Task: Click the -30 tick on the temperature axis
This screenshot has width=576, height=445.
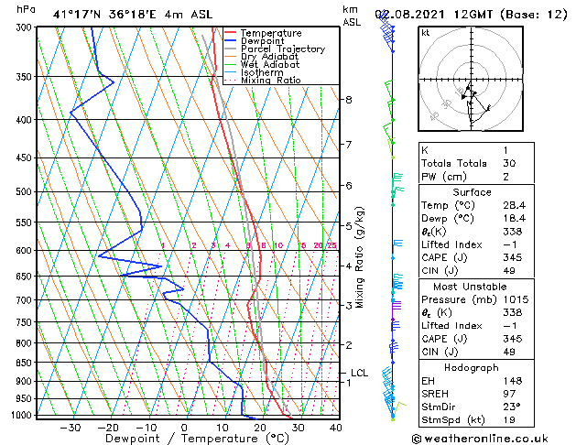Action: [71, 427]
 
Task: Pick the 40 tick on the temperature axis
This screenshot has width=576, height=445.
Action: [335, 427]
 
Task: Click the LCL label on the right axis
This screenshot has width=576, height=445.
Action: [359, 373]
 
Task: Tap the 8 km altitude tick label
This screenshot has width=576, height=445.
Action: [349, 99]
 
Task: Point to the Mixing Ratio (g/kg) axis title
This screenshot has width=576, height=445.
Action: [361, 257]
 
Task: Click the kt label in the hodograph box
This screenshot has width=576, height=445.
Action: [425, 33]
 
